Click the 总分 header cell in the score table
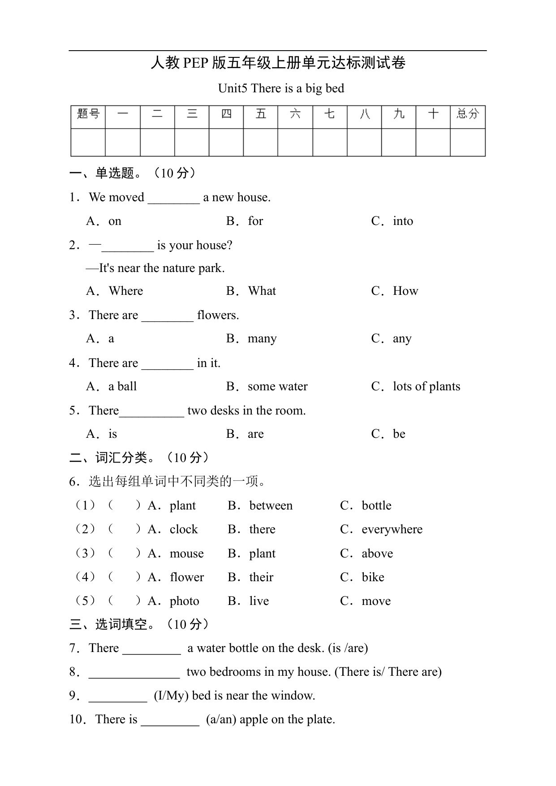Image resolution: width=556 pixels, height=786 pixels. point(468,114)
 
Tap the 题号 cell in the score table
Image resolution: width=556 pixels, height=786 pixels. point(88,114)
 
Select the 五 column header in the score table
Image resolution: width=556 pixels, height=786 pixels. point(261,114)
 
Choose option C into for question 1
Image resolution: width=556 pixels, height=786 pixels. point(403,221)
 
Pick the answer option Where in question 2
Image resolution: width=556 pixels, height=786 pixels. point(126,291)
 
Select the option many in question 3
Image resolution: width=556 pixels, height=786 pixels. point(262,339)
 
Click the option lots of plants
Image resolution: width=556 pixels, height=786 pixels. point(426,386)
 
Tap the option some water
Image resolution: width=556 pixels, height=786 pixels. point(277,386)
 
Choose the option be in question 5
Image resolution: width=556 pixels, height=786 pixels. point(399,434)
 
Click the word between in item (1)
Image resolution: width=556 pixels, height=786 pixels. point(271,505)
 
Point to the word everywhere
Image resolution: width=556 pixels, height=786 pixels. point(392,529)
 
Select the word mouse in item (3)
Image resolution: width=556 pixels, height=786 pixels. point(186,553)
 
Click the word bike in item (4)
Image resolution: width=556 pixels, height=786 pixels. point(373,577)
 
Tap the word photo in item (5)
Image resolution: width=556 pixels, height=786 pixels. point(184,601)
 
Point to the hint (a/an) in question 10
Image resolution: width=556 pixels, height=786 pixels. point(221,719)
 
